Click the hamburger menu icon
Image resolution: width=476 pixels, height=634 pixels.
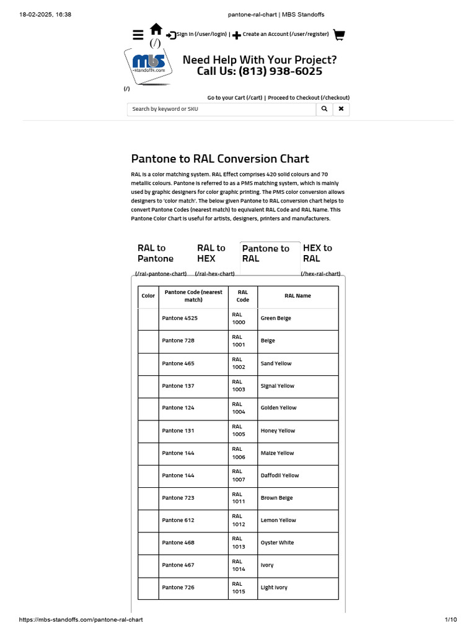(138, 35)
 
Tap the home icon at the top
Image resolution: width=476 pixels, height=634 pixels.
(156, 29)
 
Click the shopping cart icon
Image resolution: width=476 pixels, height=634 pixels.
(338, 35)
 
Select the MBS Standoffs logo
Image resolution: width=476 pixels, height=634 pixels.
(149, 64)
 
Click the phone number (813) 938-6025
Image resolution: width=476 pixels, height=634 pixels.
(260, 71)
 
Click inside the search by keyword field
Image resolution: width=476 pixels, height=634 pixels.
(221, 109)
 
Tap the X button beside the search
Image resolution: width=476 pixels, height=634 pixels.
(341, 109)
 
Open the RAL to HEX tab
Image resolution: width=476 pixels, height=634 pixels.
(211, 253)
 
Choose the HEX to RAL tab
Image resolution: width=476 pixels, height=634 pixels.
(317, 253)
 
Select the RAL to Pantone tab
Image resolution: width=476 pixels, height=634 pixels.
(156, 253)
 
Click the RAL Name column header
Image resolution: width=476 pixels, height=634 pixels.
(297, 296)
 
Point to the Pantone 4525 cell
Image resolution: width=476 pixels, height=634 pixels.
(180, 318)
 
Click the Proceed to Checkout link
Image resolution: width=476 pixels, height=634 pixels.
(309, 98)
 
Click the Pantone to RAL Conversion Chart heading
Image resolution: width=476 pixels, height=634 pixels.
(220, 159)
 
